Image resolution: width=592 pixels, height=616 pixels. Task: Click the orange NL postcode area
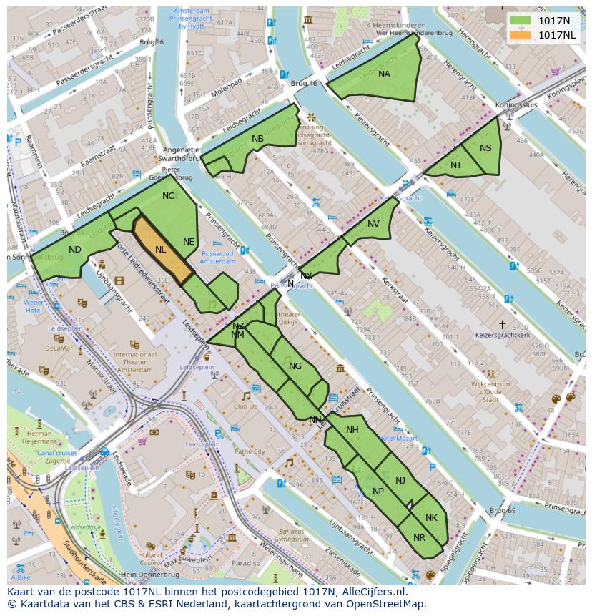pyautogui.click(x=162, y=250)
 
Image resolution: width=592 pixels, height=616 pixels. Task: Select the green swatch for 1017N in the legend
pyautogui.click(x=520, y=21)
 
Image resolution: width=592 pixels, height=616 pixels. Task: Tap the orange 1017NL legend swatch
pyautogui.click(x=520, y=35)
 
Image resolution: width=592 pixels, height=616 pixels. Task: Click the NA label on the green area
pyautogui.click(x=385, y=74)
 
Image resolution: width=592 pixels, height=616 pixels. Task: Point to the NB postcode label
pyautogui.click(x=257, y=139)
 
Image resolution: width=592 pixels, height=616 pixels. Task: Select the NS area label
pyautogui.click(x=486, y=148)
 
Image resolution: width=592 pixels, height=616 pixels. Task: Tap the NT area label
pyautogui.click(x=456, y=165)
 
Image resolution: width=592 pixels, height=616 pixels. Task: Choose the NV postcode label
pyautogui.click(x=373, y=224)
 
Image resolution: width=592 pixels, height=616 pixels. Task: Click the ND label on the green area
pyautogui.click(x=75, y=250)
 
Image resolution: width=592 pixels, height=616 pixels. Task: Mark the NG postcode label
pyautogui.click(x=295, y=366)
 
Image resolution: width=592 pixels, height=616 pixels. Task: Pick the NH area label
pyautogui.click(x=352, y=430)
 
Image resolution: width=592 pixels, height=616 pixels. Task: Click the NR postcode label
pyautogui.click(x=420, y=538)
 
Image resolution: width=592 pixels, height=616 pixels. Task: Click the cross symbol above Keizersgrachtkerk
pyautogui.click(x=503, y=324)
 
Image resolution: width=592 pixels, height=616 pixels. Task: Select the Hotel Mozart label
pyautogui.click(x=398, y=438)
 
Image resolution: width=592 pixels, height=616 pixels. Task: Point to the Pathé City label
pyautogui.click(x=250, y=451)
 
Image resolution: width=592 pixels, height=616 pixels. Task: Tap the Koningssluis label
pyautogui.click(x=516, y=104)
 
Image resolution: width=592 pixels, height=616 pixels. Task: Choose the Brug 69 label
pyautogui.click(x=502, y=510)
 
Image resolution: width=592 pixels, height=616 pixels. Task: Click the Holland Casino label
pyautogui.click(x=150, y=559)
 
